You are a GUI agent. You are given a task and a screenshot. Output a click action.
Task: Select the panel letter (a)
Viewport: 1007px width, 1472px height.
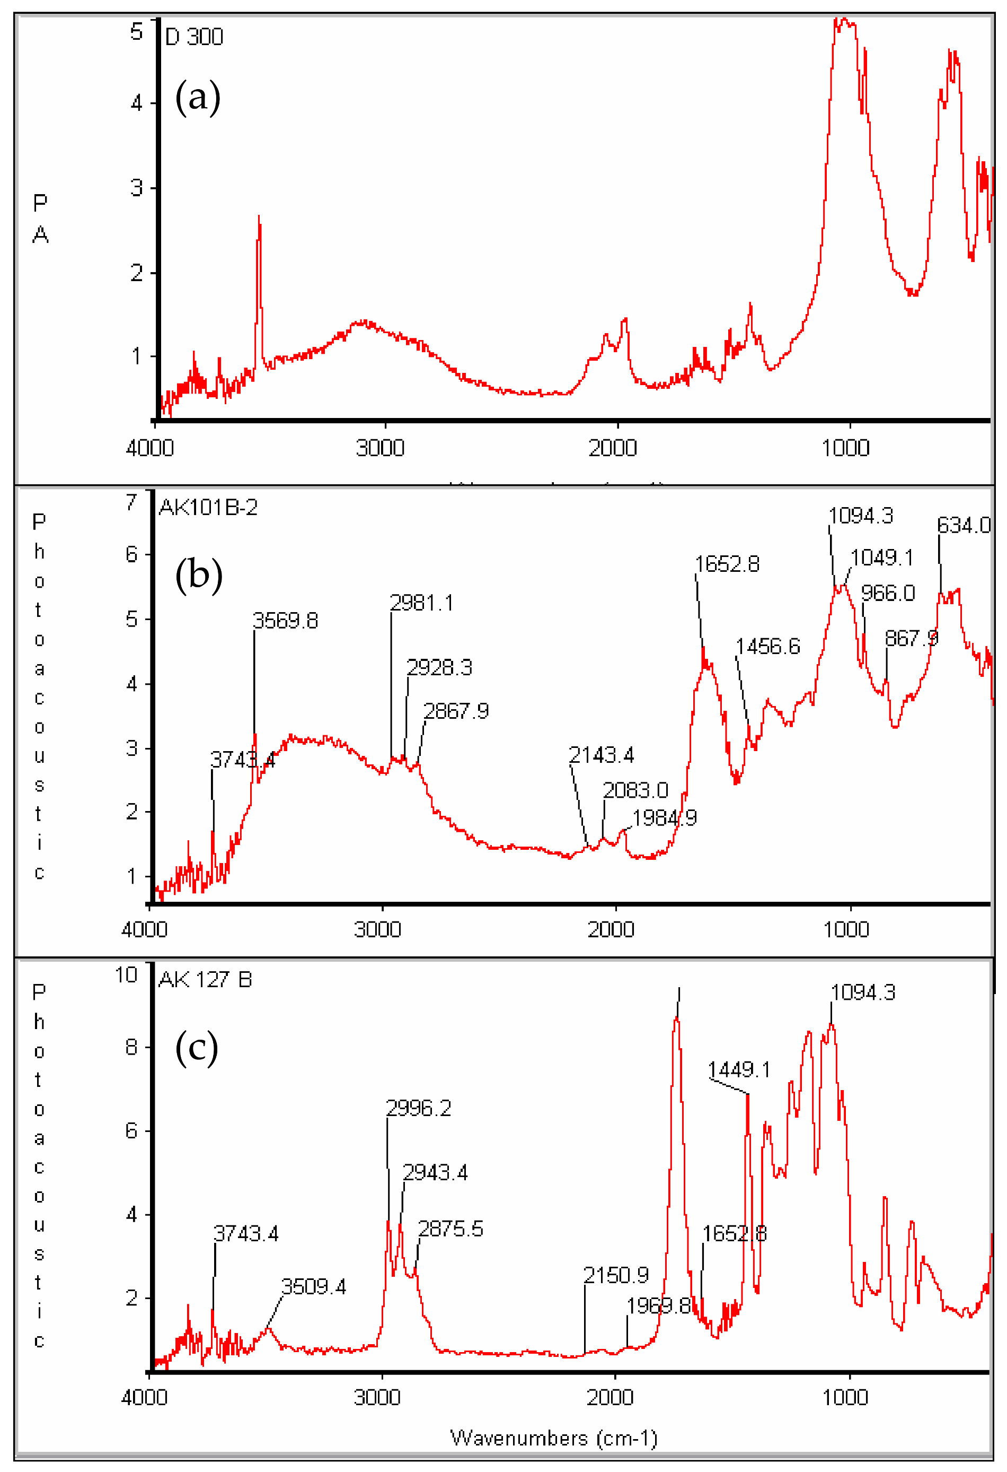[198, 97]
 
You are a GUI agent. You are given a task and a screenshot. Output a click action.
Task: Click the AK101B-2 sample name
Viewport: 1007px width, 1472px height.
[208, 507]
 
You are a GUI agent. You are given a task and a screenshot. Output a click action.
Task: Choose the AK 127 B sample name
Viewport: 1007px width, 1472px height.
[205, 980]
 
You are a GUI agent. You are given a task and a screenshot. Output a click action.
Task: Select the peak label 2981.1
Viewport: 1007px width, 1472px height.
[421, 603]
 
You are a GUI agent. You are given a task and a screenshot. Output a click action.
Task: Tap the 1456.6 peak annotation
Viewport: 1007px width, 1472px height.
[768, 646]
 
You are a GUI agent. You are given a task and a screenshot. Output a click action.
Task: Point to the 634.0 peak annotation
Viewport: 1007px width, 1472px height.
[964, 525]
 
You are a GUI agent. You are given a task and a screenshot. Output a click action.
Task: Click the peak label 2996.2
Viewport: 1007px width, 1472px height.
[418, 1108]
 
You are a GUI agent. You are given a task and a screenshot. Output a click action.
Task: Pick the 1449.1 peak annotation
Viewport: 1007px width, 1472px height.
[739, 1070]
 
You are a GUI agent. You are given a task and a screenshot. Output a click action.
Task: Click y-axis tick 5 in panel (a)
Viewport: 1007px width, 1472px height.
[137, 32]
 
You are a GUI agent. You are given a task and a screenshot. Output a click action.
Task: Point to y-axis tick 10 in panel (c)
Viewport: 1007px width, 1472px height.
[126, 975]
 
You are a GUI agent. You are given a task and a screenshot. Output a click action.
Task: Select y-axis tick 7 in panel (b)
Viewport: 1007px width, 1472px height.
[131, 502]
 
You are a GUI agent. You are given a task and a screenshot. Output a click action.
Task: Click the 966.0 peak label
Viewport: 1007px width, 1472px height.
[887, 594]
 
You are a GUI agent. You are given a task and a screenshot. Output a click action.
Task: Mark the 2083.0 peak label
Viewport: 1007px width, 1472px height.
[635, 790]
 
